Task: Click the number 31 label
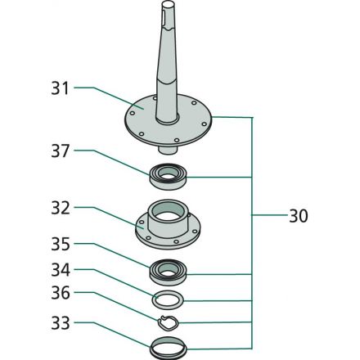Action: pos(60,88)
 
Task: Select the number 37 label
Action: pos(60,151)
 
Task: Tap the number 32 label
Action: pos(61,208)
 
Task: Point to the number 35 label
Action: pos(61,244)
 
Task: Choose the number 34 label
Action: pos(61,270)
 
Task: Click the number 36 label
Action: pos(61,293)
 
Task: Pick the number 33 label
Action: pos(61,323)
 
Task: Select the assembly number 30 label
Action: pos(299,216)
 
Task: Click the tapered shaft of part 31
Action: pos(166,63)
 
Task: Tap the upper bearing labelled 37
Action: pos(168,177)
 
